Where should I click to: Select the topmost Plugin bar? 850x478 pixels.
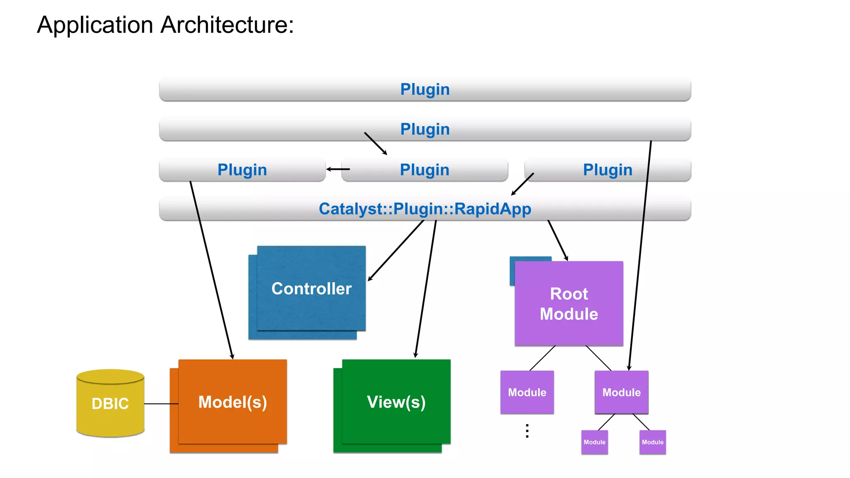pos(425,89)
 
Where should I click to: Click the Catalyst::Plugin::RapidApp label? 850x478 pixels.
pos(425,209)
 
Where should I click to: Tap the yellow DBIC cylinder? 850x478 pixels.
pos(110,403)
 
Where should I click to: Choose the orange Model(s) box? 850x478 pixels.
pos(232,402)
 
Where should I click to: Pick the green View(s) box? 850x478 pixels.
pos(396,402)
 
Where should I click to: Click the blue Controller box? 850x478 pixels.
pos(311,288)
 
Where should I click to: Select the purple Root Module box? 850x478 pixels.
pos(569,304)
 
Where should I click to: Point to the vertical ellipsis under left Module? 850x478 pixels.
pos(527,431)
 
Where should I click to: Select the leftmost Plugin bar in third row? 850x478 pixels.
pos(242,170)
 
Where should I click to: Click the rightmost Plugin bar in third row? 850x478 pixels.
pos(608,170)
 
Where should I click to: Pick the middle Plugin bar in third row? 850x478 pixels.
pos(425,170)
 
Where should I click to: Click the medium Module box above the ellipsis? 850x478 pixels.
pos(527,392)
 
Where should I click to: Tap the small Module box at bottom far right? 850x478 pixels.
pos(652,442)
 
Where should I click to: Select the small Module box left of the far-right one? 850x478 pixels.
pos(594,442)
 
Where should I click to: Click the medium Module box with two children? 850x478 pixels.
pos(621,392)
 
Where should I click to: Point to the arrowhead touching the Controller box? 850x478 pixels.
pos(369,279)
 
